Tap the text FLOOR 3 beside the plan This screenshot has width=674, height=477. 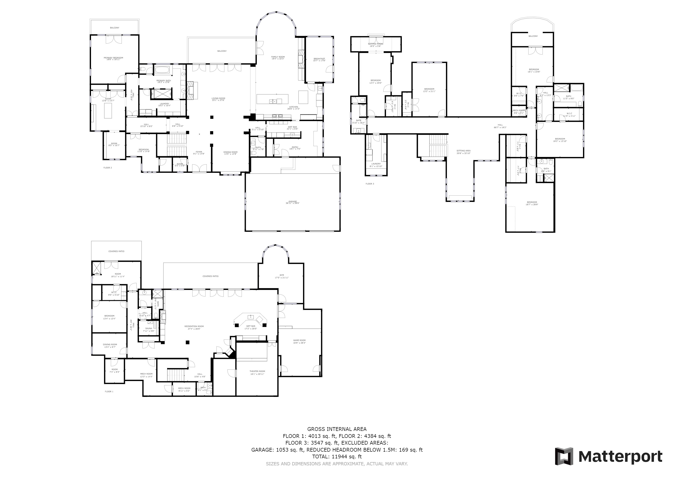[370, 184]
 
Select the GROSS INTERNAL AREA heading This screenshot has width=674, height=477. [337, 429]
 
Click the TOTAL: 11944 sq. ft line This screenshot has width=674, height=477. [337, 457]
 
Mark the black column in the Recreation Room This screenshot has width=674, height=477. [187, 342]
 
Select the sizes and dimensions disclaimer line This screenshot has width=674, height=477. [337, 464]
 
